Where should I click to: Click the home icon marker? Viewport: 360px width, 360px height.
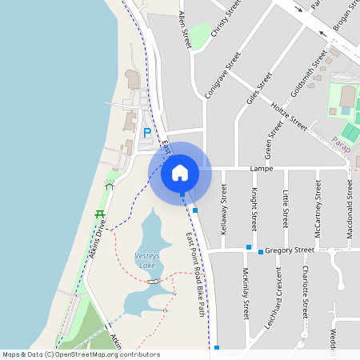pyautogui.click(x=180, y=172)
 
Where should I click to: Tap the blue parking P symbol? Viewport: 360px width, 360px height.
pyautogui.click(x=146, y=132)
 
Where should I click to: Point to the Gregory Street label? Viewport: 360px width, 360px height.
pyautogui.click(x=290, y=250)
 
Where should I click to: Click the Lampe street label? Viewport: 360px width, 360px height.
pyautogui.click(x=262, y=170)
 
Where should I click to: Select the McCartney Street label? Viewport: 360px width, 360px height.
pyautogui.click(x=318, y=210)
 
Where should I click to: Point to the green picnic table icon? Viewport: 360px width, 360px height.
pyautogui.click(x=100, y=214)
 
